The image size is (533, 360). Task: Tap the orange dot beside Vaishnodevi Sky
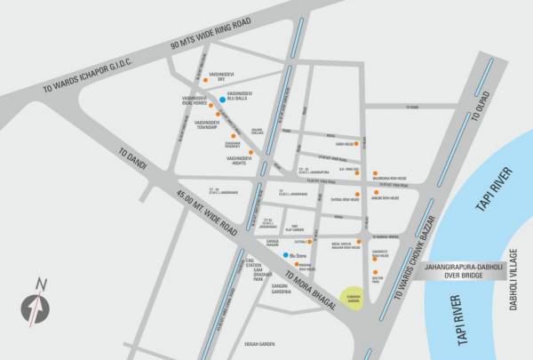tap(206, 79)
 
